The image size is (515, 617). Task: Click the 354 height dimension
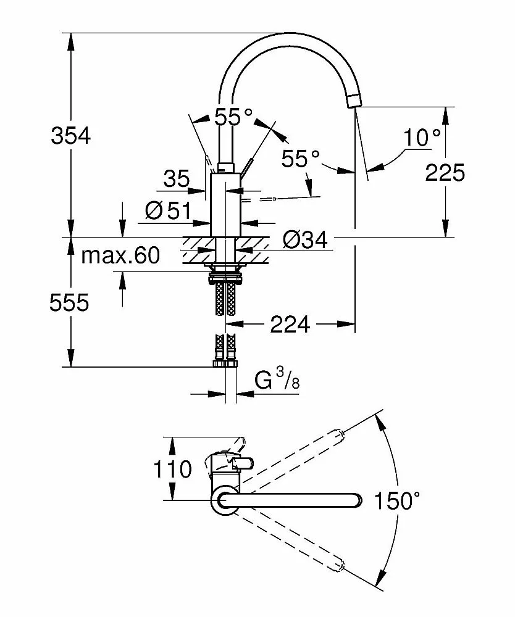click(x=70, y=135)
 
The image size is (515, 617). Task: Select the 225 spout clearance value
click(x=445, y=173)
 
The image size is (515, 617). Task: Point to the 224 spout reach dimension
click(x=290, y=323)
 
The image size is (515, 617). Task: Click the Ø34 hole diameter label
click(x=305, y=239)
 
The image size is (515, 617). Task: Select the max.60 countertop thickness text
click(x=120, y=255)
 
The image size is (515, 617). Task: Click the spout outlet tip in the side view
click(x=353, y=100)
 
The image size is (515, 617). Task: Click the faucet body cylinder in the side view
click(x=224, y=204)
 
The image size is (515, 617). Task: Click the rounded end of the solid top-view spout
click(x=355, y=500)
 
